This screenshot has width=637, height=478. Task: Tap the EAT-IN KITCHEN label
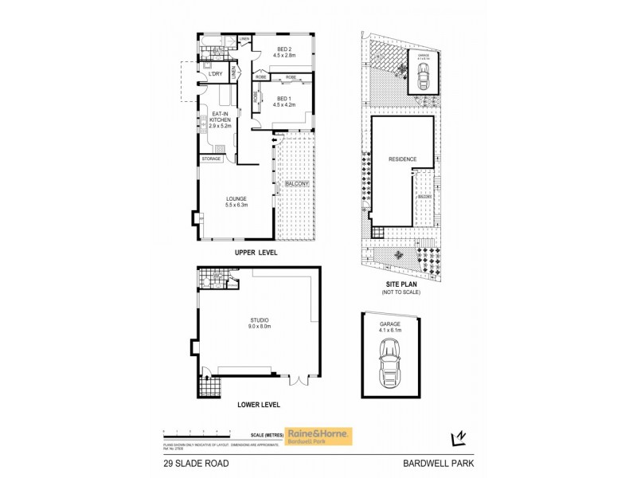coord(220,120)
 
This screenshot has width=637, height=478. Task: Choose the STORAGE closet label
coord(211,159)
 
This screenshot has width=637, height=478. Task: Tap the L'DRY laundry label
coord(215,74)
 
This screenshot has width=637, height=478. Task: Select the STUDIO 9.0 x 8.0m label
coord(260,323)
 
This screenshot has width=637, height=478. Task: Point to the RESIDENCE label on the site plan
coord(402,159)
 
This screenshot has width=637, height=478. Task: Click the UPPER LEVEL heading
coord(256,253)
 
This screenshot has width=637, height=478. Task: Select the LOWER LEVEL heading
coord(259,405)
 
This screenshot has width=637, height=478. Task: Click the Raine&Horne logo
coord(319,436)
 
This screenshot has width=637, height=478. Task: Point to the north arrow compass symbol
coord(457,437)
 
